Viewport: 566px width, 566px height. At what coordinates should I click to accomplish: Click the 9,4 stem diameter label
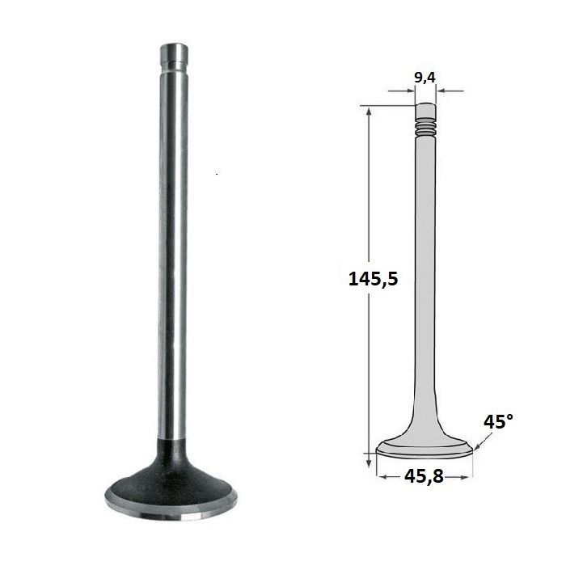(x=424, y=78)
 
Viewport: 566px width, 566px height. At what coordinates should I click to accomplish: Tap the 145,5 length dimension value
(x=374, y=279)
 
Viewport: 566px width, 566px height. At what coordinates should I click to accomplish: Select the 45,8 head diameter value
(x=424, y=476)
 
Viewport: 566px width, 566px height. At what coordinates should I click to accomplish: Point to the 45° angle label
(x=498, y=421)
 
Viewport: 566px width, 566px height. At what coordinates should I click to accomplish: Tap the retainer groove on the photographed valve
(x=174, y=65)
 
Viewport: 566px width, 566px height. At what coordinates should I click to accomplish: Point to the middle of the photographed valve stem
(x=173, y=252)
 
